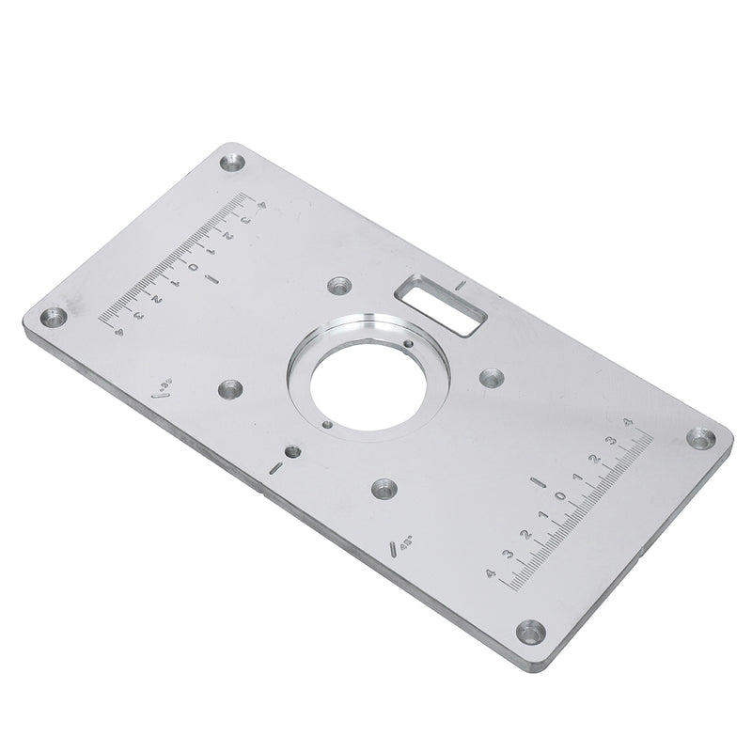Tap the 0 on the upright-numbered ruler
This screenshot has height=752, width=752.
click(x=560, y=495)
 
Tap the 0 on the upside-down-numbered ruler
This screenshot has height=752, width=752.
click(x=192, y=268)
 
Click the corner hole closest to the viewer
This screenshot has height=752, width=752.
click(x=532, y=632)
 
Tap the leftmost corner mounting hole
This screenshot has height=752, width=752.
click(x=54, y=317)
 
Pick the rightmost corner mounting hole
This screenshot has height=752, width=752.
click(x=697, y=437)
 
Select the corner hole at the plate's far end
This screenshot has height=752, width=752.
click(x=230, y=164)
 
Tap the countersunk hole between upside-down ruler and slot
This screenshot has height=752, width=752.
click(x=337, y=285)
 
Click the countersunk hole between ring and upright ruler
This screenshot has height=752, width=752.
click(x=492, y=378)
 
